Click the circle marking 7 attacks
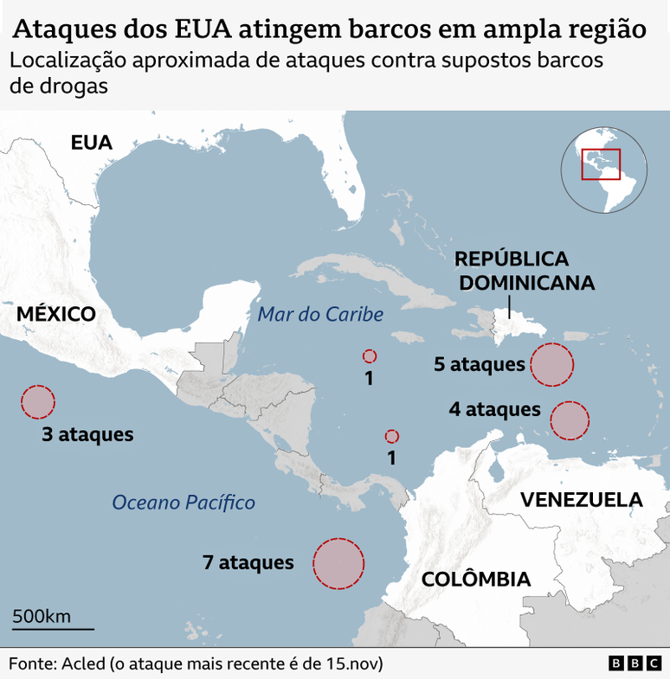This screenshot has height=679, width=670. point(338,563)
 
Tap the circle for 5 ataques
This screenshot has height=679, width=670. point(551,364)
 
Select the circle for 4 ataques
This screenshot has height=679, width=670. point(570,420)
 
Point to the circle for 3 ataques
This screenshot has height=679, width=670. point(38,402)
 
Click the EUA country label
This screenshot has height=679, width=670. point(92,143)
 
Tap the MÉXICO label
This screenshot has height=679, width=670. point(56,313)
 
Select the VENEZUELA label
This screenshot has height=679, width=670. point(581,499)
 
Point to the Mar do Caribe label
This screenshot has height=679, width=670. point(320,315)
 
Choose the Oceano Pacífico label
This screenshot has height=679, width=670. point(184,502)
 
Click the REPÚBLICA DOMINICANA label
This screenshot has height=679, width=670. point(525,270)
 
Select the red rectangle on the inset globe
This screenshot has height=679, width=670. point(601,163)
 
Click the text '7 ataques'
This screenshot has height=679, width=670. point(248,562)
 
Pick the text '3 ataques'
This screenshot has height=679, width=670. point(87,434)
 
